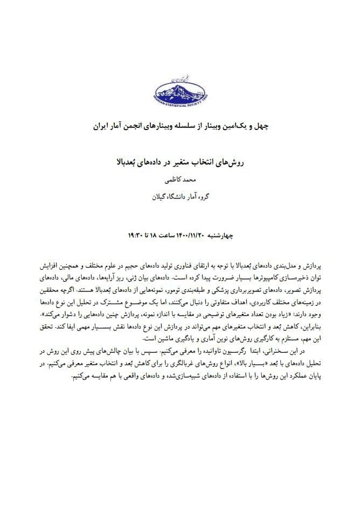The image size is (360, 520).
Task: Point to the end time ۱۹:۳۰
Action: [135, 236]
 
